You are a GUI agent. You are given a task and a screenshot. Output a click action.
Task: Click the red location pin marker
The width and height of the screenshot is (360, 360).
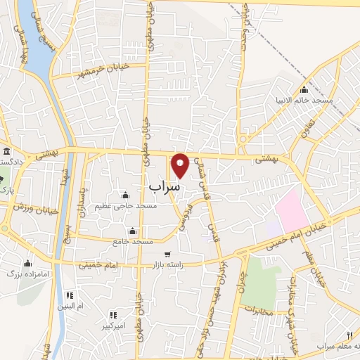click(x=181, y=165)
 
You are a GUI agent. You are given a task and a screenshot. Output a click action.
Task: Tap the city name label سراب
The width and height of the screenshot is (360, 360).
click(x=165, y=186)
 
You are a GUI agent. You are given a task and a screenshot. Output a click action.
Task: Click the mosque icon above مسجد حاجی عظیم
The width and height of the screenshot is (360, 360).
click(x=125, y=195)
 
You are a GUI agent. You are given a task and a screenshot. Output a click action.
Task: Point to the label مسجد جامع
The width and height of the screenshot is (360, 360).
click(x=133, y=241)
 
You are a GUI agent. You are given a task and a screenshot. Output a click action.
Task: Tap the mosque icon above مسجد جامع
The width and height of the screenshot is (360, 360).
click(x=132, y=231)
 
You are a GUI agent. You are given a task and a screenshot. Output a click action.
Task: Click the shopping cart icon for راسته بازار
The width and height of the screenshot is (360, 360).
click(x=167, y=254)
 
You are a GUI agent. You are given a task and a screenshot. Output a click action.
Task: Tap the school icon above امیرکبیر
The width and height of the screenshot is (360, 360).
click(x=112, y=315)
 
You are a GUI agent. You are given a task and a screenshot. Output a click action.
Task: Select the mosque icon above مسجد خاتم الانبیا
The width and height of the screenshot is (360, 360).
click(x=304, y=89)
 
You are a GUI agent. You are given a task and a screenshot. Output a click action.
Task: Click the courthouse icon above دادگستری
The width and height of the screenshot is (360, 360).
click(x=7, y=152)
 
